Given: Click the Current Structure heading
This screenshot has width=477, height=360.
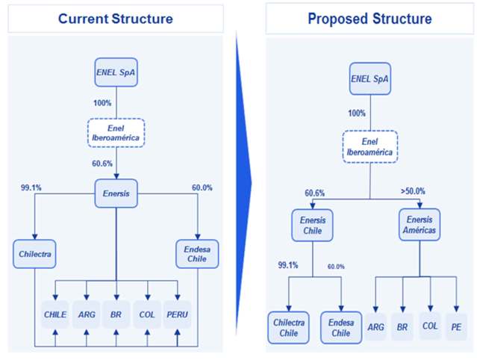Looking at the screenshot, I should [x=116, y=19].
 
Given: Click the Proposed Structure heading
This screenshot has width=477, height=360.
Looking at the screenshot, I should [x=370, y=19].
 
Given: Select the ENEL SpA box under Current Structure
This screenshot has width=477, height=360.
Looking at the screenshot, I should [x=116, y=72].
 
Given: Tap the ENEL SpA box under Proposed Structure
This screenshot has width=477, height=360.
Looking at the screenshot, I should [x=370, y=78].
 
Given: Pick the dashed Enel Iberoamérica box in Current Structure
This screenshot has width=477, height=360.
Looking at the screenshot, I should [x=116, y=132].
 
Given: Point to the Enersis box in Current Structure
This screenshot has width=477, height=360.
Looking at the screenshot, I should [x=116, y=193].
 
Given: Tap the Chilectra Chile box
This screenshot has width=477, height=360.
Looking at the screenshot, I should [x=289, y=326].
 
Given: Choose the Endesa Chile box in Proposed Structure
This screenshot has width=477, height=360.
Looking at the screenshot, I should [x=340, y=326].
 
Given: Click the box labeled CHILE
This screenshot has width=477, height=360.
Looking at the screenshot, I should [x=55, y=314].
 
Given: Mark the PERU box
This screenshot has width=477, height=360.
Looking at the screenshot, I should [x=176, y=314].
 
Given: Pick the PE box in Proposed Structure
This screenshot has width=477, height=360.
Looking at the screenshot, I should [x=455, y=326].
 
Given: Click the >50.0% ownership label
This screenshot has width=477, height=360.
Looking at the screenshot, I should [x=412, y=191].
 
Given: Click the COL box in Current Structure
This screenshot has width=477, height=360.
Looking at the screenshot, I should [x=146, y=314].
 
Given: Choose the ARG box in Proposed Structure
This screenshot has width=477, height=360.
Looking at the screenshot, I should [x=375, y=326].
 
